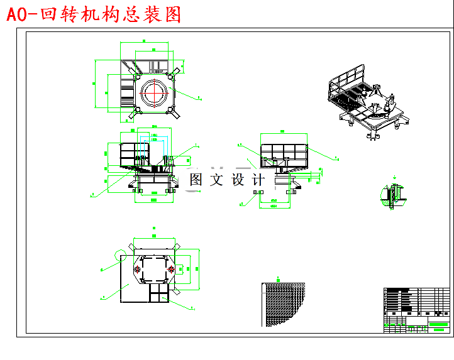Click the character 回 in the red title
[x=48, y=14]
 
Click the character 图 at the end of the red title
[x=172, y=14]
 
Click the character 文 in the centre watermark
[x=216, y=180]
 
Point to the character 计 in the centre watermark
[x=257, y=180]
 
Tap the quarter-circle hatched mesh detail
[x=282, y=304]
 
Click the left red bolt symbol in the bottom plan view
[x=137, y=269]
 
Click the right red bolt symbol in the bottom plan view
[x=170, y=269]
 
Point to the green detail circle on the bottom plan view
[x=122, y=254]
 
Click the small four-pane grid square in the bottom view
[x=157, y=292]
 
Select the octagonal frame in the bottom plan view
[x=153, y=269]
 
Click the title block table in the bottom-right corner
[x=416, y=310]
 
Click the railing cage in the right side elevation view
[x=284, y=151]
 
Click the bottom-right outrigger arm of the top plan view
[x=175, y=116]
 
